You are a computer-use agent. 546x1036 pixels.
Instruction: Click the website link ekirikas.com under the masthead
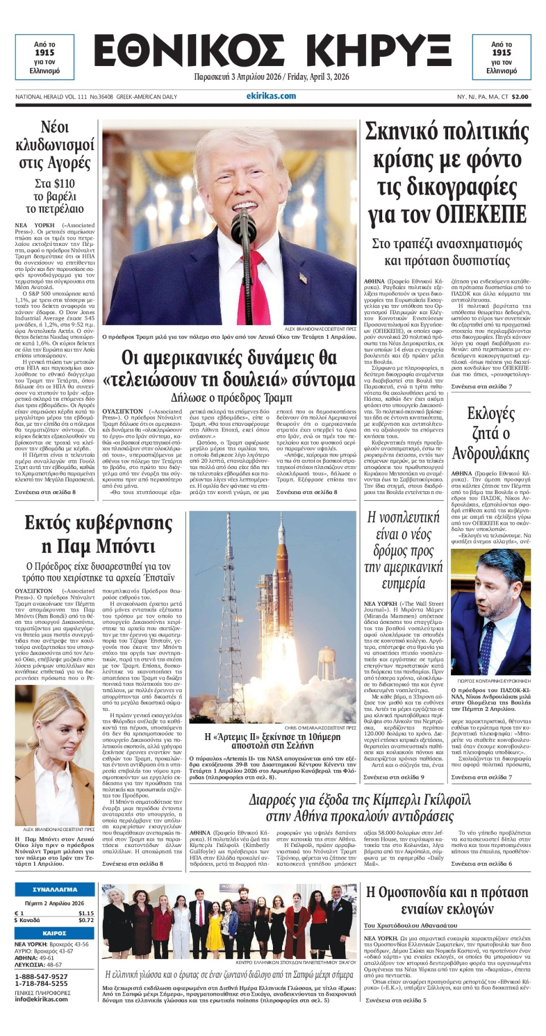(x=271, y=96)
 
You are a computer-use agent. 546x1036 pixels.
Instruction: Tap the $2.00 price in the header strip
(x=520, y=97)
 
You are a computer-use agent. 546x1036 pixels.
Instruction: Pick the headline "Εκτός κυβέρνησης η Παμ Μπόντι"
(x=98, y=535)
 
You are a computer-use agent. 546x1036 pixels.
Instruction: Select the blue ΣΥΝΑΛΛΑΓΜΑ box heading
(x=55, y=890)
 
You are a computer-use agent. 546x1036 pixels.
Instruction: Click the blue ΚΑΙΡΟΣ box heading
(x=55, y=934)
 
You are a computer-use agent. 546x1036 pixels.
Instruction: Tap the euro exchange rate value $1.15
(x=86, y=913)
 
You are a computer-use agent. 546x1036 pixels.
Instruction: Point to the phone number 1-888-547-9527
(x=41, y=977)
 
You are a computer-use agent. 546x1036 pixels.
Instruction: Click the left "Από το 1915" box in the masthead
(x=44, y=57)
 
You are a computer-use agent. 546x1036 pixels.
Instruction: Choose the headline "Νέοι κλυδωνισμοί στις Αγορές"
(x=55, y=145)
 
